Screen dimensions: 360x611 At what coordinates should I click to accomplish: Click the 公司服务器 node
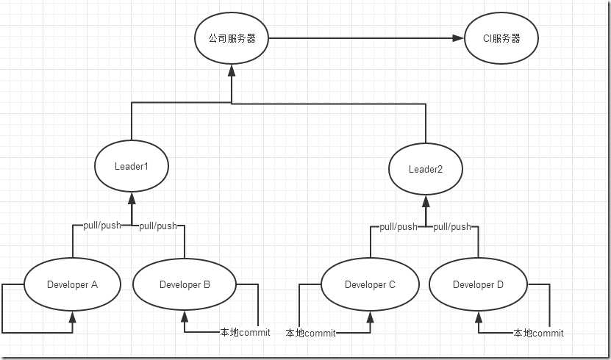pos(231,38)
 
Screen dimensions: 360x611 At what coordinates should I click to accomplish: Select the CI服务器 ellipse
pos(501,38)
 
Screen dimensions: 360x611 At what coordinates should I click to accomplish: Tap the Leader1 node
pos(132,166)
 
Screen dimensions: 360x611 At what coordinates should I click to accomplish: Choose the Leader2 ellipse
pos(426,170)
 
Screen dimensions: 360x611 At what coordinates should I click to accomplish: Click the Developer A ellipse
pos(72,284)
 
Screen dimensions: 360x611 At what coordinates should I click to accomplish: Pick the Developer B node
pos(185,284)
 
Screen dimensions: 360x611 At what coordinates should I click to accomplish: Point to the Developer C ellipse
pos(370,284)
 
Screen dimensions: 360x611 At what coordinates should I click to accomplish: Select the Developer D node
pos(478,284)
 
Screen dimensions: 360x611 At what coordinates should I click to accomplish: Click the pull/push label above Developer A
pos(102,226)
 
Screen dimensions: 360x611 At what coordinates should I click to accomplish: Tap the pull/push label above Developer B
pos(158,226)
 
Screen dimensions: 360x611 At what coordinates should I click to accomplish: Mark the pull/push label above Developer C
pos(399,226)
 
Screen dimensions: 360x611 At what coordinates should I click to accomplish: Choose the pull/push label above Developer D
pos(451,226)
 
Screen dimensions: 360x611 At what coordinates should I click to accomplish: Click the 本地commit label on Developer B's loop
pos(245,332)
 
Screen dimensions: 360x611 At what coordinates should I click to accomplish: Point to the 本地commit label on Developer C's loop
pos(310,333)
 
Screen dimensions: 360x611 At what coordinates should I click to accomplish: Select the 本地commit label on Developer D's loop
pos(538,333)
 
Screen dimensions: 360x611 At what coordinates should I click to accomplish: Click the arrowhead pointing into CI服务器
pos(458,38)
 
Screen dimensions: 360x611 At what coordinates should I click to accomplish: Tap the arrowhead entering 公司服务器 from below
pos(231,70)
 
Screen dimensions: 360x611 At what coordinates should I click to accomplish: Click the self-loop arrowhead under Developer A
pos(72,317)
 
